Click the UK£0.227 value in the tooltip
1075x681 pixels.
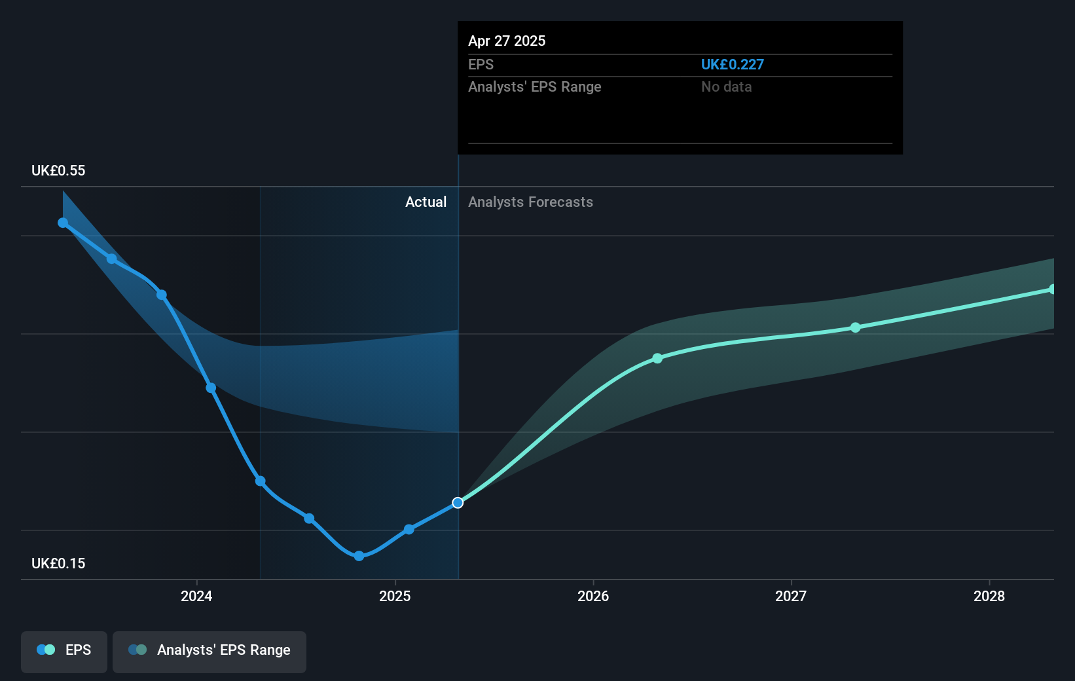tap(732, 64)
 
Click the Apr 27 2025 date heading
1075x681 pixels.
tap(507, 41)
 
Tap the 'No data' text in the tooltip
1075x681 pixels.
tap(726, 86)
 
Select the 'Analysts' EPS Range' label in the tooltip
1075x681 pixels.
tap(534, 86)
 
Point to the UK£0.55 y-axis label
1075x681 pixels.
tap(58, 170)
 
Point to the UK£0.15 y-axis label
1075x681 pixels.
tap(58, 563)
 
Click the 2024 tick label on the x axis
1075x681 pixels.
tap(196, 596)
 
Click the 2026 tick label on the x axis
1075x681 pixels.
tap(593, 596)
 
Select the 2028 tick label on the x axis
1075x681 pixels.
tap(989, 596)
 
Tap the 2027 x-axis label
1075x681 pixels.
tap(791, 596)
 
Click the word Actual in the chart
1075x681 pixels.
tap(426, 202)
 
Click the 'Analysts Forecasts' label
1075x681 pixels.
tap(530, 202)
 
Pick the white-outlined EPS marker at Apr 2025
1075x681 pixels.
tap(458, 503)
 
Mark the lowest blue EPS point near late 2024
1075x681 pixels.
tap(359, 556)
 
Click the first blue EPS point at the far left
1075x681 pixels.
tap(63, 223)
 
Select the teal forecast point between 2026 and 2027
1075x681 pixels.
tap(657, 358)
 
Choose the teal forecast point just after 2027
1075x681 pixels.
tap(856, 327)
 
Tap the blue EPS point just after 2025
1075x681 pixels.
tap(409, 529)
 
